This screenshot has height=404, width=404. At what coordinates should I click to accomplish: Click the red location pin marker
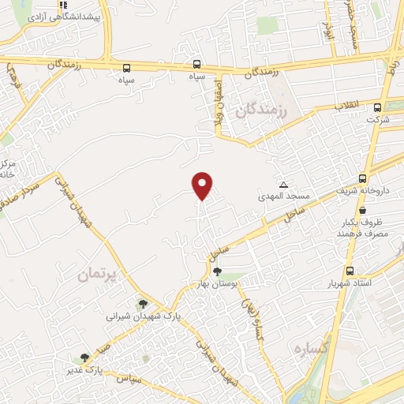204,185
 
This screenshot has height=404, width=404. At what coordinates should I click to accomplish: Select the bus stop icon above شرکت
377,107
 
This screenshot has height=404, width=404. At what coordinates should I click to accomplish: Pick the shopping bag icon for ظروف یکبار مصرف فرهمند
361,211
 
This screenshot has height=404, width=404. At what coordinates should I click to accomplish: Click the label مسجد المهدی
282,193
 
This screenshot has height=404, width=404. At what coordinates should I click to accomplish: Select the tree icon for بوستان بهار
217,272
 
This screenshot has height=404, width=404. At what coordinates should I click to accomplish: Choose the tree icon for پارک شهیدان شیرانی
143,304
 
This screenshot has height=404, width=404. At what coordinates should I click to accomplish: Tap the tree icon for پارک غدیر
84,357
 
